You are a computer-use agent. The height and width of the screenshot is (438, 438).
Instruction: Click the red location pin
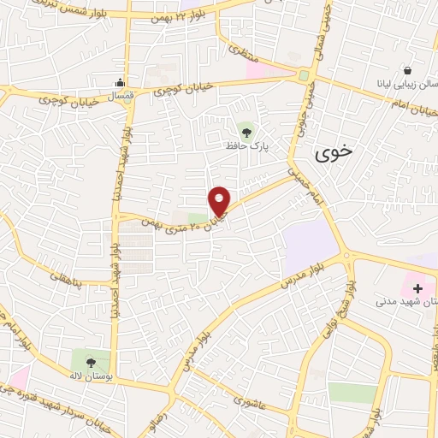tap(220, 201)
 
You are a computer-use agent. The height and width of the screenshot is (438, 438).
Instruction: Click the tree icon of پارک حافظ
tap(247, 132)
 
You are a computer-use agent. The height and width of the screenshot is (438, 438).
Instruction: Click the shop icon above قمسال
tap(121, 83)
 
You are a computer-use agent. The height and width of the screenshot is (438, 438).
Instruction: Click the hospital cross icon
tap(417, 288)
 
